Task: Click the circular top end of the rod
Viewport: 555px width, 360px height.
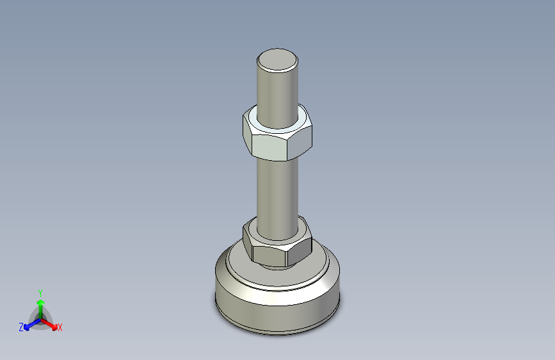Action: pos(277,60)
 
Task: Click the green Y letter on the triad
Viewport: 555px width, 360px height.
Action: pos(40,292)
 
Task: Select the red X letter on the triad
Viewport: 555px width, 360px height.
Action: pos(60,328)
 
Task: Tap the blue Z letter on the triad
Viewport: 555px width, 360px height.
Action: pos(20,327)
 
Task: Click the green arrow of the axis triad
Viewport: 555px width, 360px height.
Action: pos(40,304)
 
